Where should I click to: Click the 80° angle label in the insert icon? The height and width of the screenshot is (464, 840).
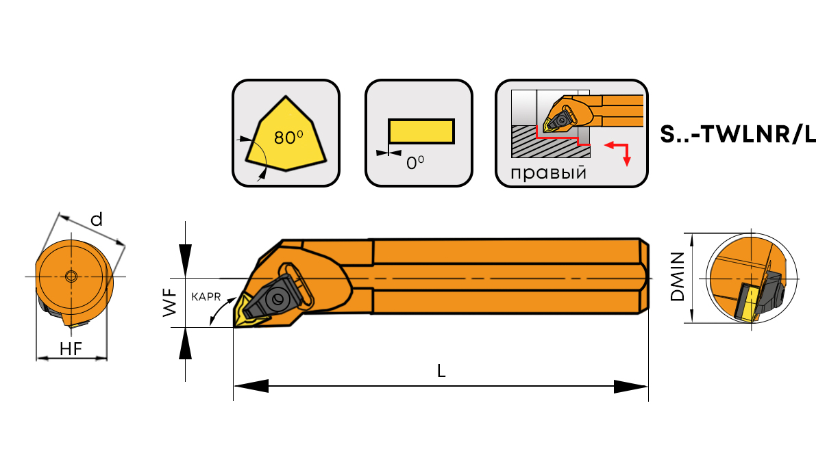(288, 138)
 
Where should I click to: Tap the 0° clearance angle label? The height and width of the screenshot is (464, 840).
(415, 162)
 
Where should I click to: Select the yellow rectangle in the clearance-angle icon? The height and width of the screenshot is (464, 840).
(421, 131)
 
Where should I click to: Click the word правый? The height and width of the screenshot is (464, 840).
(548, 173)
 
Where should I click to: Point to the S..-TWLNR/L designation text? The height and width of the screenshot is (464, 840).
(738, 134)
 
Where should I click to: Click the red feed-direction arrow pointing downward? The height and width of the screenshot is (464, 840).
(627, 155)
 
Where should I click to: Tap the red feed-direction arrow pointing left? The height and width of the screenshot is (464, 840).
(616, 145)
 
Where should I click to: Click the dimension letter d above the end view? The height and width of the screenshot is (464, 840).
(97, 220)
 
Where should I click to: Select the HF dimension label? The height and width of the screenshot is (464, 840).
(71, 349)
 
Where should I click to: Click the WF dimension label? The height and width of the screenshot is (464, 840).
(170, 302)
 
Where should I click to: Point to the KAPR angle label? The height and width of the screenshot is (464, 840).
(206, 297)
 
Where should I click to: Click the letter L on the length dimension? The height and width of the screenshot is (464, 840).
(441, 371)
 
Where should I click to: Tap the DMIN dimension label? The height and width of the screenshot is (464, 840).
(678, 276)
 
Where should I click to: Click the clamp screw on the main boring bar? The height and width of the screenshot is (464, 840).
(277, 299)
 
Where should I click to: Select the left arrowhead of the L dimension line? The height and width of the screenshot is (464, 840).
(251, 386)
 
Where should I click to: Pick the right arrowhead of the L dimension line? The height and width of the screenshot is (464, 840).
(631, 387)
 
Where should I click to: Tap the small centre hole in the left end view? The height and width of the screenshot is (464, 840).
(71, 276)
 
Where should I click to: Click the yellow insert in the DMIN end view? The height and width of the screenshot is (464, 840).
(746, 303)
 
